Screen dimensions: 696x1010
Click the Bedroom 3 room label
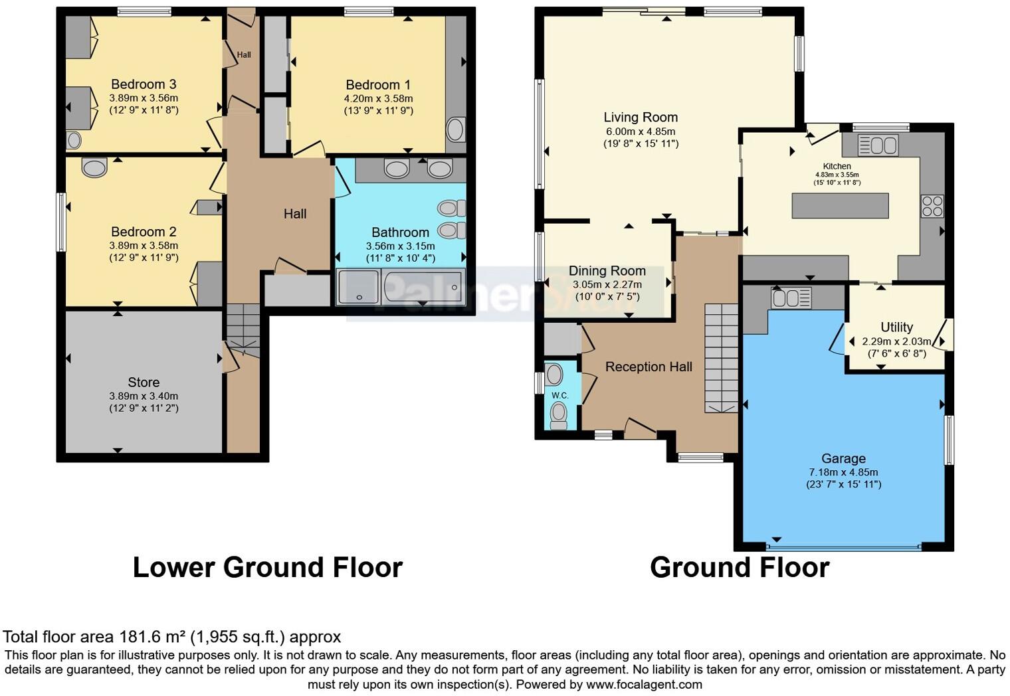pyautogui.click(x=144, y=84)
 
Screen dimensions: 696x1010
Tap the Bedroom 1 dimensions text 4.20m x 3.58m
pyautogui.click(x=378, y=98)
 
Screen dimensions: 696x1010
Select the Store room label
pyautogui.click(x=144, y=383)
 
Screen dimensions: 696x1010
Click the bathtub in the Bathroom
pyautogui.click(x=423, y=287)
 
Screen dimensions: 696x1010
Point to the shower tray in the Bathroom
pyautogui.click(x=358, y=287)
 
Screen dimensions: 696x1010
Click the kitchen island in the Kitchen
pyautogui.click(x=840, y=205)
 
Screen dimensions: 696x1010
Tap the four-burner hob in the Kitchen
pyautogui.click(x=932, y=206)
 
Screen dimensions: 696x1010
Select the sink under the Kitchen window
pyautogui.click(x=878, y=145)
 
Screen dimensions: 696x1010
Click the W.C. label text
pyautogui.click(x=559, y=396)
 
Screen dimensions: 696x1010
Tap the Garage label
pyautogui.click(x=843, y=458)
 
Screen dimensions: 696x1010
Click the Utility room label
pyautogui.click(x=896, y=327)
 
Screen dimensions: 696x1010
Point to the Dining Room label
pyautogui.click(x=607, y=271)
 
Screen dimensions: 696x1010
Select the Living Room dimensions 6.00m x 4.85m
pyautogui.click(x=641, y=131)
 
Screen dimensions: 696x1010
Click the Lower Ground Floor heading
pyautogui.click(x=267, y=568)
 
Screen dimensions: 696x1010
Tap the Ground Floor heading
pyautogui.click(x=739, y=568)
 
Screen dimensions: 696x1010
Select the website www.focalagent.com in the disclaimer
pyautogui.click(x=643, y=684)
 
